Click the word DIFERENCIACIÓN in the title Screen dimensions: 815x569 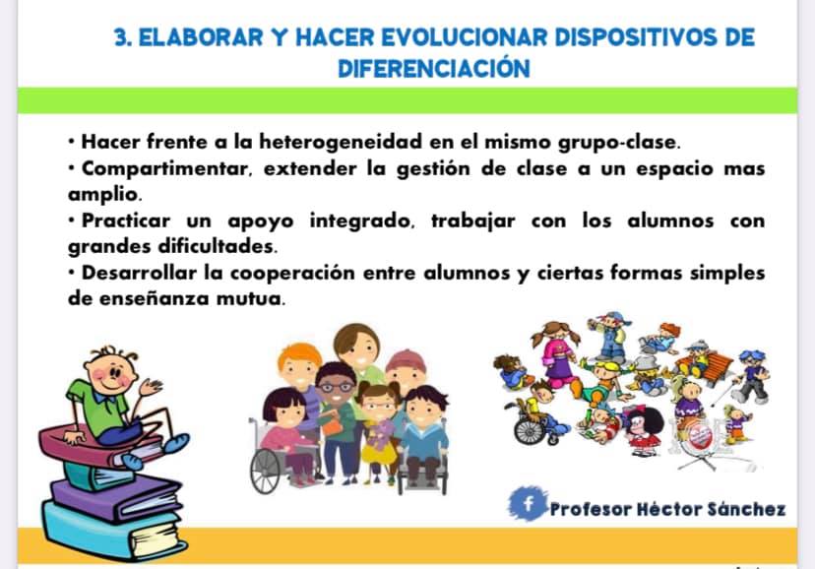(434, 68)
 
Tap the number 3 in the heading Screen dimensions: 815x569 (121, 37)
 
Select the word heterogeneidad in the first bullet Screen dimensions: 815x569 (341, 142)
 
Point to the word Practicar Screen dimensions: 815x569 (126, 221)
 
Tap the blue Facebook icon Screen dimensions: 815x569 (528, 503)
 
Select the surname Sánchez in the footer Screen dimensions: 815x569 (739, 509)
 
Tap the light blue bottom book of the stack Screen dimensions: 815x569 (113, 533)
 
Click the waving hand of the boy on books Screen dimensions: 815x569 (151, 387)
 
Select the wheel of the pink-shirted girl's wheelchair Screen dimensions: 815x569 (266, 471)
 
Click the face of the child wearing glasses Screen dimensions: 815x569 (336, 387)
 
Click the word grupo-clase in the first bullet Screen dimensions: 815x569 (619, 142)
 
